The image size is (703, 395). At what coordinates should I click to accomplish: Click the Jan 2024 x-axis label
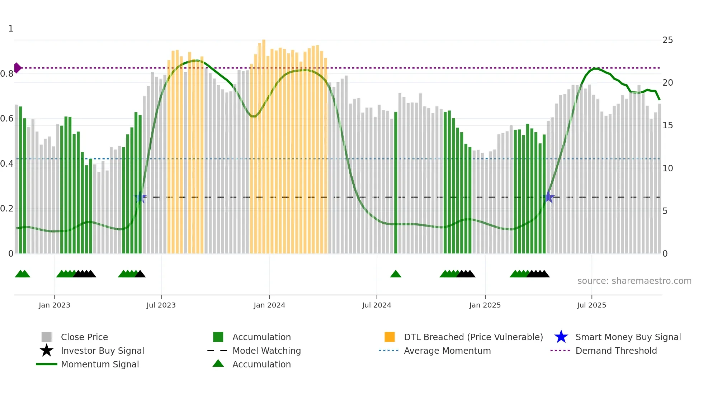269,305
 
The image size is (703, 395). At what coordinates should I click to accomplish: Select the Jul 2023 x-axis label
161,305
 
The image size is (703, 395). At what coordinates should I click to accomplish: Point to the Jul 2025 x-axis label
591,305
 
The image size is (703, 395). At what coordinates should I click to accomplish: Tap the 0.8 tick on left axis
7,74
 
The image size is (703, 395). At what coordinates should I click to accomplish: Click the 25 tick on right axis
667,40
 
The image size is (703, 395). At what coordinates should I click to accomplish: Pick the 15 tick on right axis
667,125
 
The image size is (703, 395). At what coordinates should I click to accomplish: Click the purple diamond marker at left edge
17,68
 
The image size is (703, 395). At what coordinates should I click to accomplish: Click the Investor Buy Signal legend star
47,351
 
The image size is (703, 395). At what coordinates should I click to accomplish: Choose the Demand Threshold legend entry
616,351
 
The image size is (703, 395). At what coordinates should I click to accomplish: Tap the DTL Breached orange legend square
390,337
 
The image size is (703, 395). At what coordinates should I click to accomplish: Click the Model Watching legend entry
266,351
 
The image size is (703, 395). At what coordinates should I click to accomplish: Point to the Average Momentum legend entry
447,351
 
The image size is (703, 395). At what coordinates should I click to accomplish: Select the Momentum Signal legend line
47,364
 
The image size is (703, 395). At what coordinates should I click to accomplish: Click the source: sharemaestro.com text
634,281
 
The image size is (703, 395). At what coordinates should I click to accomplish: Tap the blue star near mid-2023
140,197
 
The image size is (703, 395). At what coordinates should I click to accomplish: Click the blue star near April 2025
548,197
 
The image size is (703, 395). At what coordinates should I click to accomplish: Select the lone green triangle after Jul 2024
396,274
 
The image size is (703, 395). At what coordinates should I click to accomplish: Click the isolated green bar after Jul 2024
396,183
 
